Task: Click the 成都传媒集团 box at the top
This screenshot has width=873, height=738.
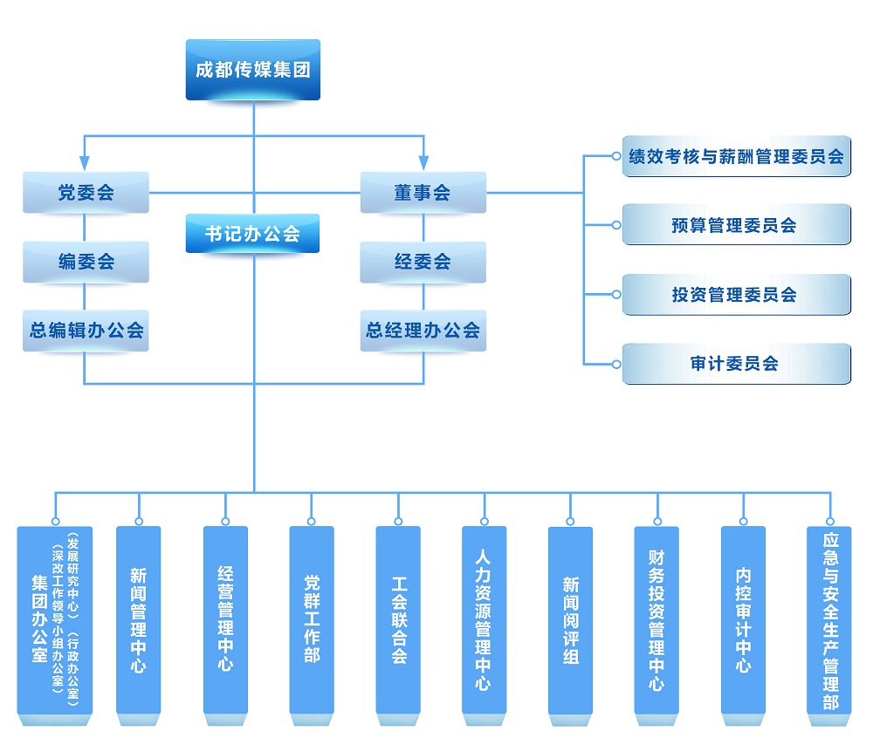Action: pyautogui.click(x=252, y=70)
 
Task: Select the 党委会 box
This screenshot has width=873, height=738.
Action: pyautogui.click(x=86, y=193)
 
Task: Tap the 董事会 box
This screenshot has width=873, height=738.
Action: pyautogui.click(x=423, y=193)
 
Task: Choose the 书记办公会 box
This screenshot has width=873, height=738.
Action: pyautogui.click(x=252, y=234)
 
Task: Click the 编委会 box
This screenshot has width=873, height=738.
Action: pyautogui.click(x=86, y=262)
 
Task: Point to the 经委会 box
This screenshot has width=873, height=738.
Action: pyautogui.click(x=423, y=262)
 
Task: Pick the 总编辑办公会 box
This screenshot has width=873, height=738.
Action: pyautogui.click(x=86, y=331)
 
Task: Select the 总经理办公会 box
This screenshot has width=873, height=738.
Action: pyautogui.click(x=423, y=331)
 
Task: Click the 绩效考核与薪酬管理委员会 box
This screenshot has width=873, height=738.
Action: pyautogui.click(x=736, y=156)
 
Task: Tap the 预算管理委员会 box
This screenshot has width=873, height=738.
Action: pyautogui.click(x=736, y=225)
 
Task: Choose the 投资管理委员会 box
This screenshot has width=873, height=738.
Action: pyautogui.click(x=736, y=295)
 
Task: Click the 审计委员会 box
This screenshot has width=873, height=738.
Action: pyautogui.click(x=736, y=364)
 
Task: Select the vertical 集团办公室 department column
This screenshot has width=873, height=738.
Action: pyautogui.click(x=54, y=620)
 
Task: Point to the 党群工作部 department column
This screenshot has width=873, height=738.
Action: pyautogui.click(x=312, y=620)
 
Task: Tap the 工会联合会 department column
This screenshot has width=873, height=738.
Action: pyautogui.click(x=398, y=620)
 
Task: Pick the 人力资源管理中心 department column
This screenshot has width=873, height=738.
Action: pyautogui.click(x=484, y=620)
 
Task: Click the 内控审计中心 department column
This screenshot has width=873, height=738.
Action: pyautogui.click(x=743, y=620)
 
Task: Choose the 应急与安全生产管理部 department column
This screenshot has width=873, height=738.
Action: pyautogui.click(x=829, y=620)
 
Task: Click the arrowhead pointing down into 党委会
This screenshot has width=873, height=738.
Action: pyautogui.click(x=85, y=162)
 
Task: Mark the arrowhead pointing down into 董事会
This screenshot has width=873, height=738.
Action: pyautogui.click(x=423, y=162)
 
